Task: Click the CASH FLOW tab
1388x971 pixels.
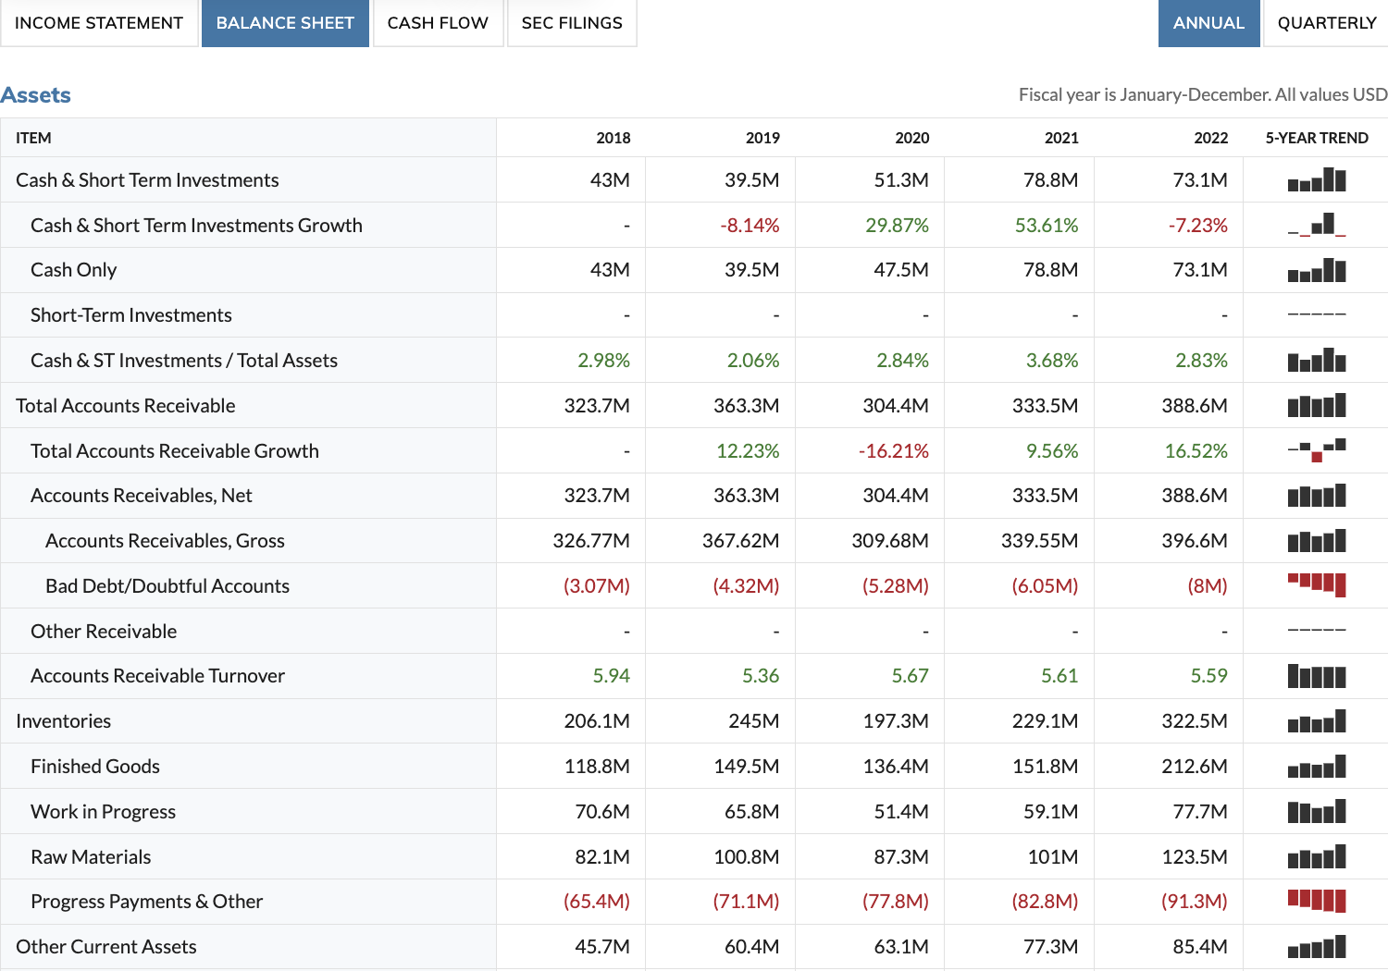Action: [x=438, y=23]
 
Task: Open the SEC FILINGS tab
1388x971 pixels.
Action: [x=572, y=23]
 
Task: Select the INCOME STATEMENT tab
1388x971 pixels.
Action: [x=99, y=23]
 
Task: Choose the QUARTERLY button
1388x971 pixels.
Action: [x=1326, y=23]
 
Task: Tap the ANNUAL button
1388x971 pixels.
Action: [x=1208, y=23]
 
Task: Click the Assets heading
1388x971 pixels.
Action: [x=36, y=95]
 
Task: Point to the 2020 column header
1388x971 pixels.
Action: [x=911, y=138]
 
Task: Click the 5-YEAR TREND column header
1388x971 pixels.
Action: [x=1316, y=138]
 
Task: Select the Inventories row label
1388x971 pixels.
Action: [x=64, y=721]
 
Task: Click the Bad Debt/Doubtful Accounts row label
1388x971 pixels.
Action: [x=167, y=586]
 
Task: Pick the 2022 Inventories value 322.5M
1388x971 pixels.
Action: [x=1194, y=721]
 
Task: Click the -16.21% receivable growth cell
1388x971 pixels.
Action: [x=893, y=451]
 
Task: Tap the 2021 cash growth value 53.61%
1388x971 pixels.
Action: [x=1046, y=226]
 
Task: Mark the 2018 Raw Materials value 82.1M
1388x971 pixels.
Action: [x=601, y=857]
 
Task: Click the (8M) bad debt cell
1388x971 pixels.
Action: [x=1207, y=586]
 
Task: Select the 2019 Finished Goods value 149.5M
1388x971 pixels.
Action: [x=746, y=767]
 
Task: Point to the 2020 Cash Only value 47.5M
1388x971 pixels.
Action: [x=900, y=270]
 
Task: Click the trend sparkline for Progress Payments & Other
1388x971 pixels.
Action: [x=1316, y=901]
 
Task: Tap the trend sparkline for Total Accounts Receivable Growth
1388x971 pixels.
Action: [x=1316, y=450]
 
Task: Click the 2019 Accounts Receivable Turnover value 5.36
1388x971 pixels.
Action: [x=760, y=676]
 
